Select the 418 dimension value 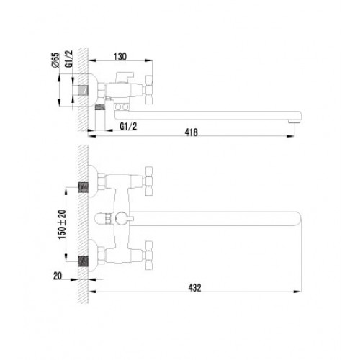click(x=191, y=132)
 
